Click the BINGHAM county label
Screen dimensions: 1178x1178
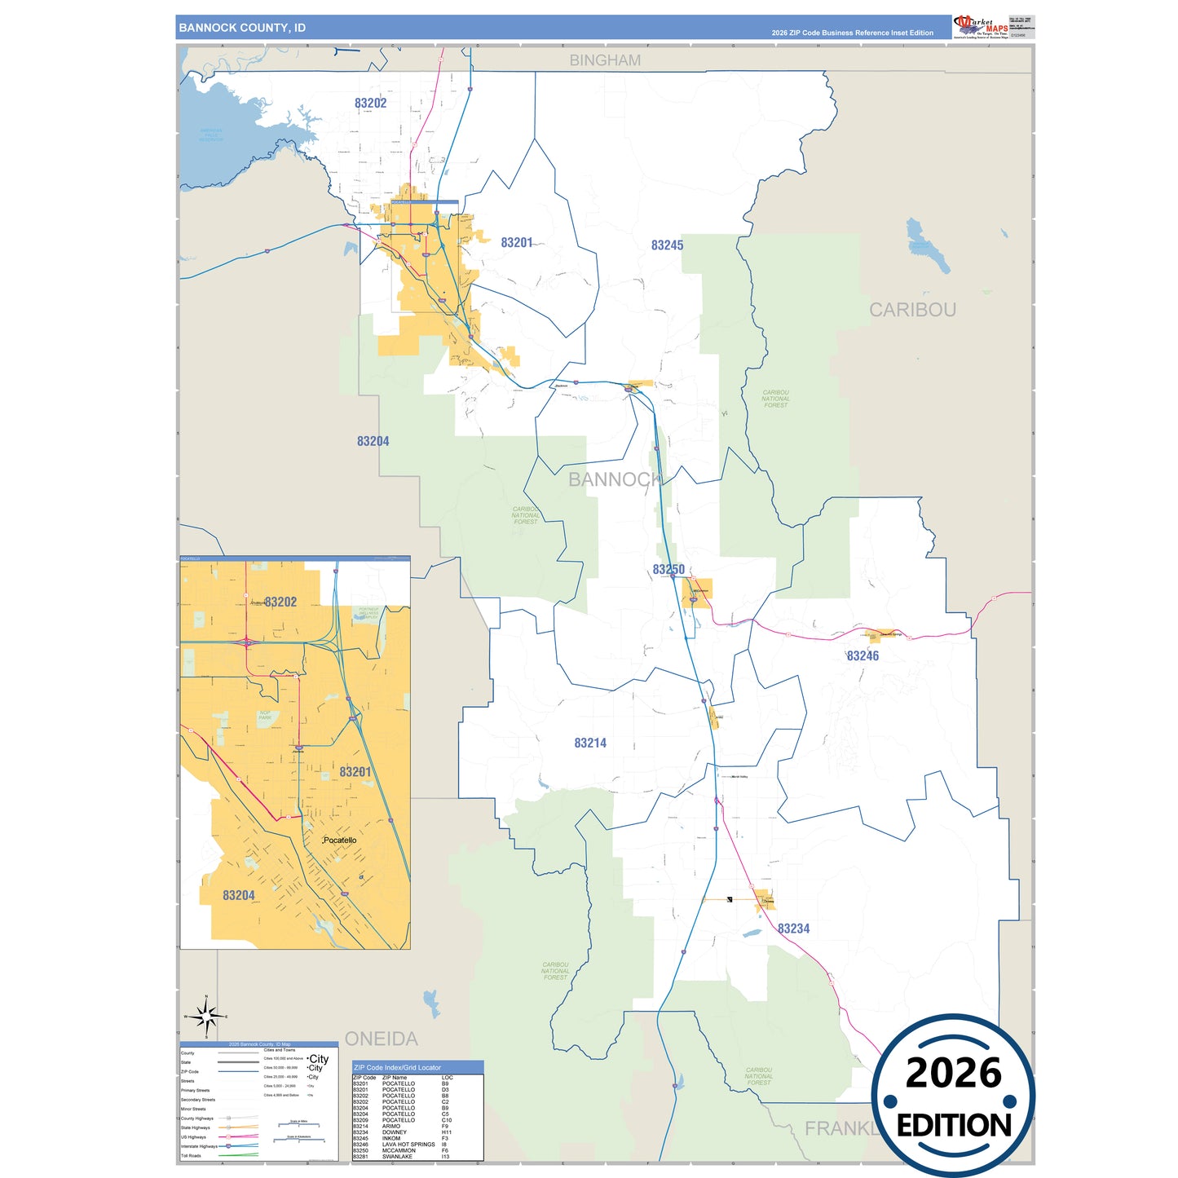pyautogui.click(x=605, y=60)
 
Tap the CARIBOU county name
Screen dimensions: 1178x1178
pyautogui.click(x=912, y=310)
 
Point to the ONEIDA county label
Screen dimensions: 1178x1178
pyautogui.click(x=381, y=1039)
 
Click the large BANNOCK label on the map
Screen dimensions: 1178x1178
pyautogui.click(x=615, y=479)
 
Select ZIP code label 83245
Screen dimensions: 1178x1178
pyautogui.click(x=667, y=245)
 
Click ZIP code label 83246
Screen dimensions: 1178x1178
pyautogui.click(x=863, y=656)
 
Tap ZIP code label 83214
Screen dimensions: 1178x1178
pyautogui.click(x=590, y=743)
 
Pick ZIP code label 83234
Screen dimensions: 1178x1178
pyautogui.click(x=793, y=929)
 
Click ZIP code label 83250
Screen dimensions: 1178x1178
pyautogui.click(x=668, y=570)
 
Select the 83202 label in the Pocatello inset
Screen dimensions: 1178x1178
pyautogui.click(x=280, y=602)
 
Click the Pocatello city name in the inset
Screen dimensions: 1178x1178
pyautogui.click(x=340, y=840)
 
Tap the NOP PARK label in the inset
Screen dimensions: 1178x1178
pyautogui.click(x=265, y=715)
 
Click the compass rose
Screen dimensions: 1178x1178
pyautogui.click(x=206, y=1017)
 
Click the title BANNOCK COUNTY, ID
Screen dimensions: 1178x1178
pyautogui.click(x=242, y=28)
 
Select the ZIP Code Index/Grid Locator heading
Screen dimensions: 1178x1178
pyautogui.click(x=397, y=1067)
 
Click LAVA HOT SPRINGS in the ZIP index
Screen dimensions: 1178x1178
pyautogui.click(x=408, y=1145)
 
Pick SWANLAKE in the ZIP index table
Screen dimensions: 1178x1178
pyautogui.click(x=398, y=1157)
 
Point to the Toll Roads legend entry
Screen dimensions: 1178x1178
pyautogui.click(x=191, y=1156)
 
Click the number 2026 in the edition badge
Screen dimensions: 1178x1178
pyautogui.click(x=953, y=1073)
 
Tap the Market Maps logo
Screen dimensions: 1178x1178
pyautogui.click(x=980, y=27)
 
